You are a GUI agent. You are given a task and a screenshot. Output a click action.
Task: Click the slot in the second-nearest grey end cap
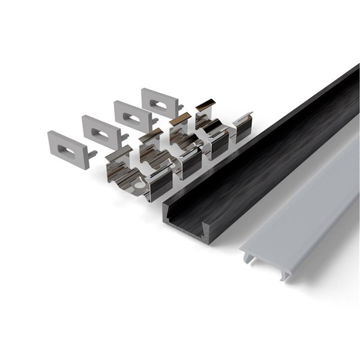[100, 127]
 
